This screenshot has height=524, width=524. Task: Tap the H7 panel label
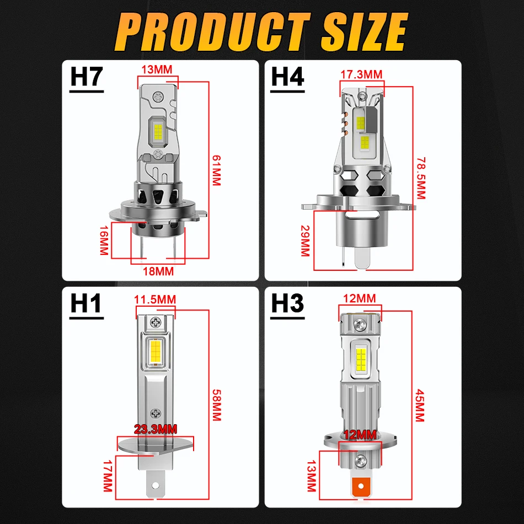(x=87, y=77)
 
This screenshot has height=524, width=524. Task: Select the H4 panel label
(x=287, y=77)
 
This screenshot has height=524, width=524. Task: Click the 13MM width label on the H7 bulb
(x=157, y=69)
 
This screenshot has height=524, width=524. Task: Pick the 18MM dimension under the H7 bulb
(x=158, y=271)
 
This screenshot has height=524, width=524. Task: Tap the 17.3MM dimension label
(x=361, y=74)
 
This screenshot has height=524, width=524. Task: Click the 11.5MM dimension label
(x=155, y=299)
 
